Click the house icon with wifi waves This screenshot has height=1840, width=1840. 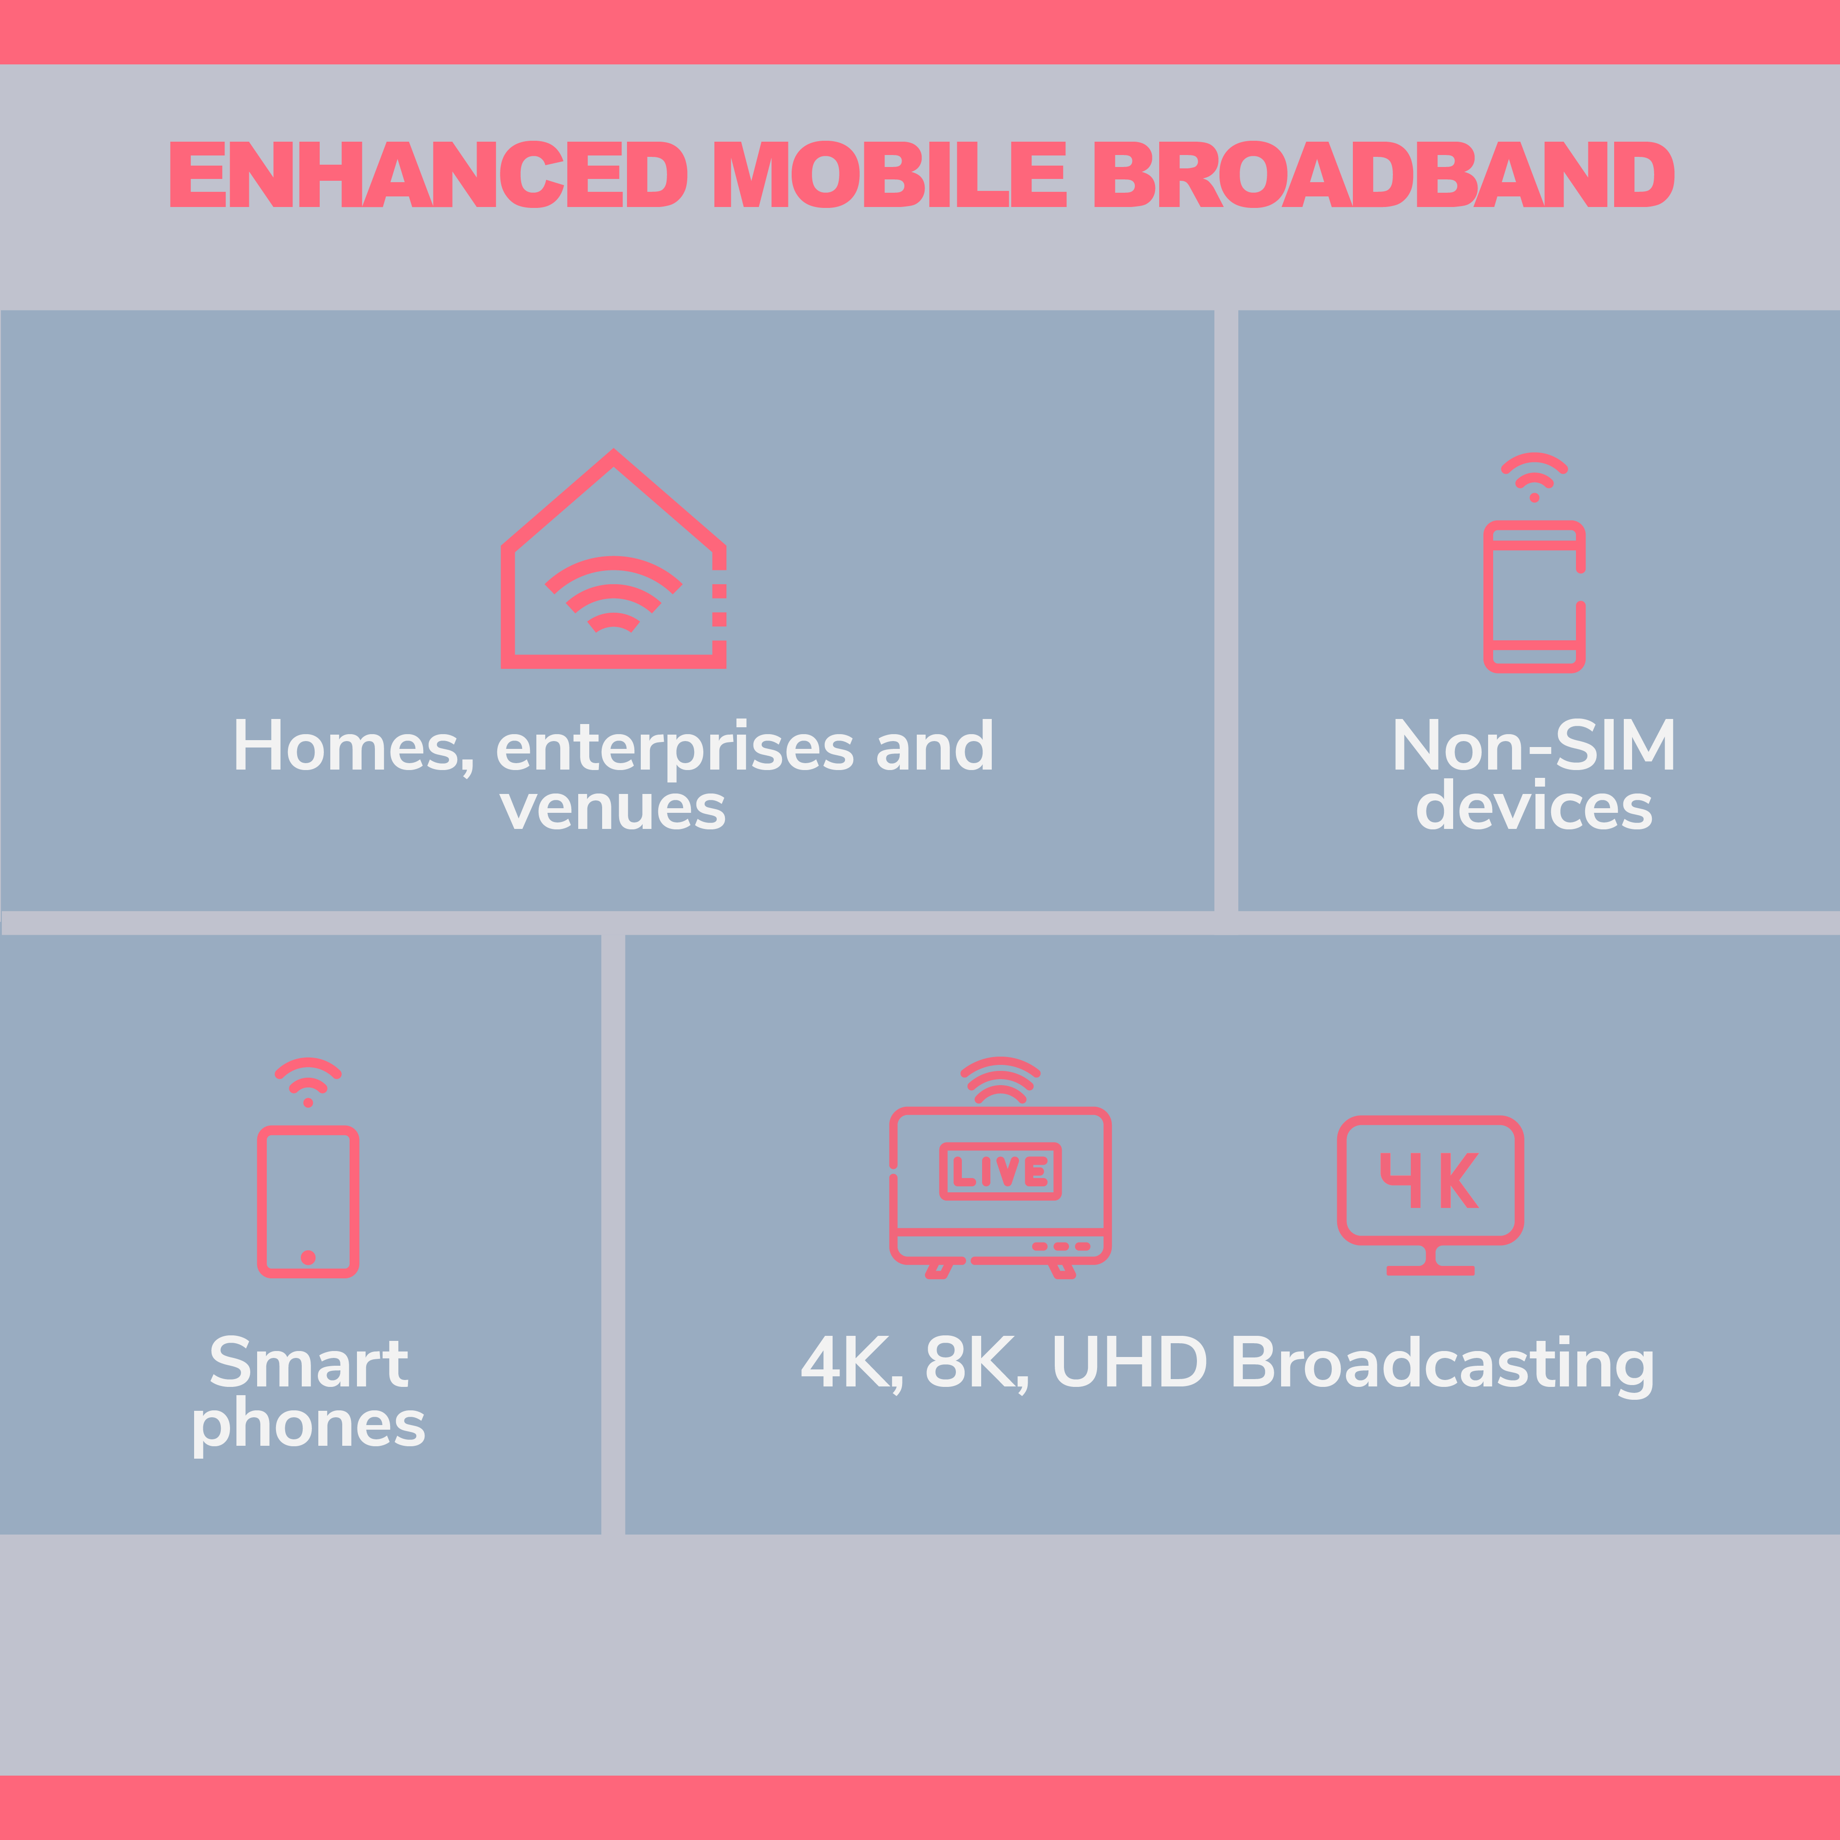[x=613, y=558]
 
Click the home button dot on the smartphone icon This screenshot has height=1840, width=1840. [x=308, y=1257]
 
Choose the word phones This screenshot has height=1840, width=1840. [x=309, y=1426]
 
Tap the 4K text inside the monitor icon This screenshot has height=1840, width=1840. [x=1430, y=1180]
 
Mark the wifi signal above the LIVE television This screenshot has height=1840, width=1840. [x=1000, y=1079]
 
